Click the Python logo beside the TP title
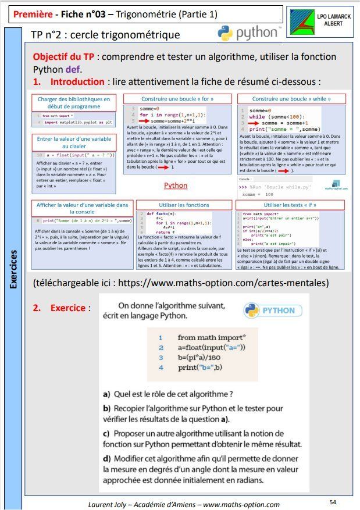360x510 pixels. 248,33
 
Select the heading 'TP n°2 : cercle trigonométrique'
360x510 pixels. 105,35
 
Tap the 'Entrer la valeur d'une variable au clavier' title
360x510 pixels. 81,143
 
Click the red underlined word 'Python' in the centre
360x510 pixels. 175,186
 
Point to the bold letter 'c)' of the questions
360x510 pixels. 106,434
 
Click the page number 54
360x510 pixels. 333,501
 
